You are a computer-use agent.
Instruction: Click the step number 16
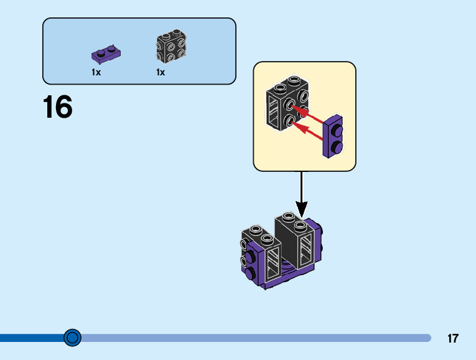click(57, 107)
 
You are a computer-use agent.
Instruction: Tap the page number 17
click(452, 339)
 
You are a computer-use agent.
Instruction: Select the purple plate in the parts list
click(106, 55)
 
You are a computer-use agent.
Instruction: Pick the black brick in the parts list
click(170, 47)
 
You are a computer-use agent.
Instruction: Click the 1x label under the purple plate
click(96, 72)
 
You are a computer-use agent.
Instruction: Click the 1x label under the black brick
click(161, 72)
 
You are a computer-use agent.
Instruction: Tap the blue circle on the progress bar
click(73, 338)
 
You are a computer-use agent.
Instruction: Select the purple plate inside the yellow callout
click(334, 137)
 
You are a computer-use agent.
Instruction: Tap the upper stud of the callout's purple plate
click(337, 131)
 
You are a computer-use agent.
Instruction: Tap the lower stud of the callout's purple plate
click(337, 146)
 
